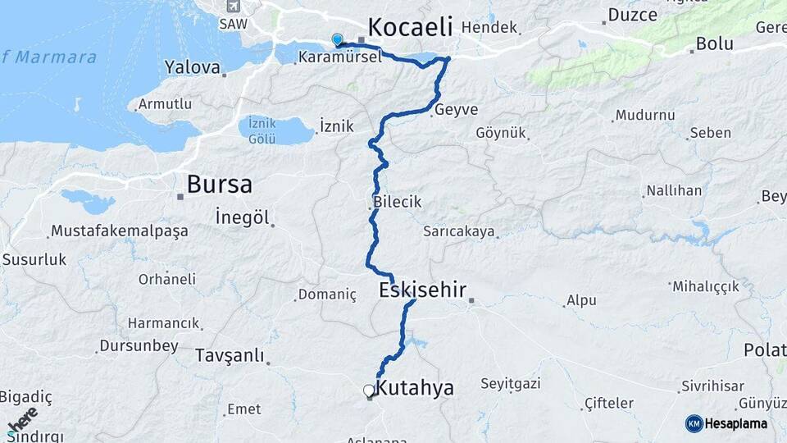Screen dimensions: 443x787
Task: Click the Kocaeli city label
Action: pyautogui.click(x=410, y=27)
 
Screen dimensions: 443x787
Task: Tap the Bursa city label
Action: pyautogui.click(x=219, y=184)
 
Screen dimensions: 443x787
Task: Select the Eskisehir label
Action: pyautogui.click(x=422, y=290)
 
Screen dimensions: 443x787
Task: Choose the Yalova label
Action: pyautogui.click(x=193, y=66)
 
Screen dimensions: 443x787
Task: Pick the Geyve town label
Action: pyautogui.click(x=457, y=110)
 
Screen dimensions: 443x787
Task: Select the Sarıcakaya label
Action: pyautogui.click(x=459, y=231)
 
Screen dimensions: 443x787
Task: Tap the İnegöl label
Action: pyautogui.click(x=242, y=217)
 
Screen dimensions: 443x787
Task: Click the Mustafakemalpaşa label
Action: pyautogui.click(x=120, y=231)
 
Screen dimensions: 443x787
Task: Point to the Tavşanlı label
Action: pyautogui.click(x=230, y=355)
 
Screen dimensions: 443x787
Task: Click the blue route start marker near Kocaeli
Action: pyautogui.click(x=337, y=39)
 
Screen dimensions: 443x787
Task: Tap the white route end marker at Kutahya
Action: pyautogui.click(x=368, y=390)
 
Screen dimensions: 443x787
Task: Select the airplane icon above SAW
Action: pyautogui.click(x=233, y=7)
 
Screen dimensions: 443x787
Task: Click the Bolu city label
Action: pyautogui.click(x=713, y=43)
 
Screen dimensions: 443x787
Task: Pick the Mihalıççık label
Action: pyautogui.click(x=705, y=286)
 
